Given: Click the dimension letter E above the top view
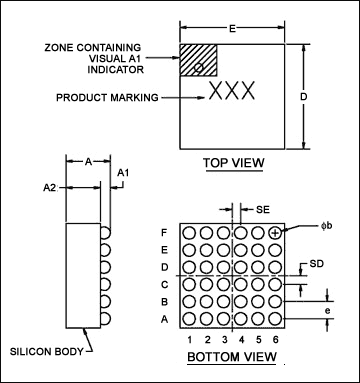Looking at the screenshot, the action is pyautogui.click(x=232, y=29).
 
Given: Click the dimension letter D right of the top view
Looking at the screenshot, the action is pyautogui.click(x=303, y=97).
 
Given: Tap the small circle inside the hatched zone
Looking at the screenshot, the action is pyautogui.click(x=198, y=67).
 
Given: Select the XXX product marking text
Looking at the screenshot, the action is pyautogui.click(x=232, y=91).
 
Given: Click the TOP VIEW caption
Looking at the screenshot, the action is pyautogui.click(x=234, y=163).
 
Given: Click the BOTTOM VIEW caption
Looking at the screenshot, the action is pyautogui.click(x=232, y=357).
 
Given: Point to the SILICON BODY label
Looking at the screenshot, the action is pyautogui.click(x=46, y=351).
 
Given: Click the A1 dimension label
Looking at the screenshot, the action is pyautogui.click(x=123, y=173).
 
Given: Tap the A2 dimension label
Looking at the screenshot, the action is pyautogui.click(x=49, y=188).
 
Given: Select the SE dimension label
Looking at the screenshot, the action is pyautogui.click(x=263, y=210).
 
